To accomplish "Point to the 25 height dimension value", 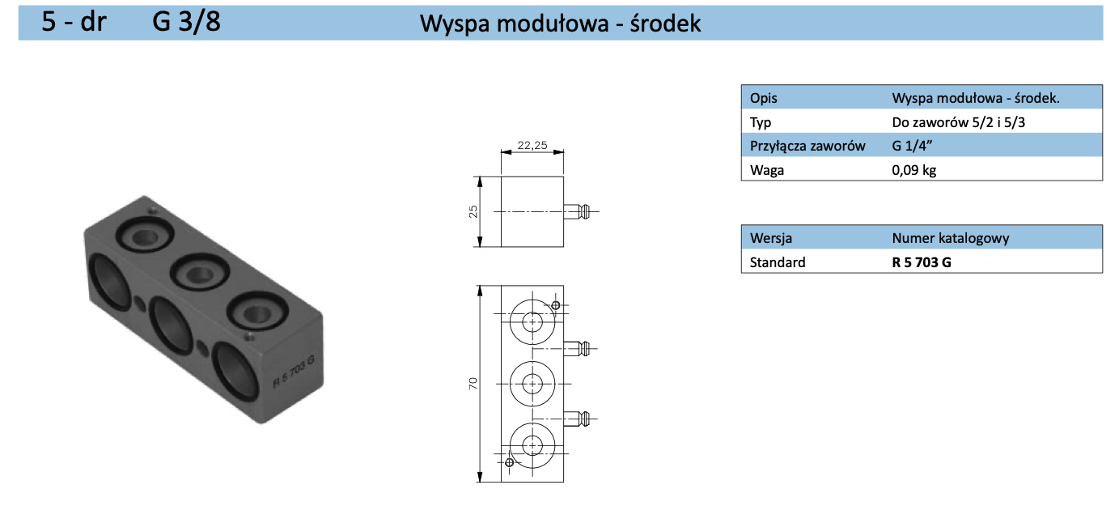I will point(473,210).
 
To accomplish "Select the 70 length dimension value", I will point(473,382).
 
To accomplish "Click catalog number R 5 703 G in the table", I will point(921,262).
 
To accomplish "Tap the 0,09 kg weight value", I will point(913,170).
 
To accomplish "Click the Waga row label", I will point(766,170).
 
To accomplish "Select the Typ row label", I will point(761,122).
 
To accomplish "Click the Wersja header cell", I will point(771,238).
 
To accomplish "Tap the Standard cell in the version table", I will point(778,262).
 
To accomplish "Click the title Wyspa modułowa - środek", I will point(560,23).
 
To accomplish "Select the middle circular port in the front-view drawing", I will point(532,382).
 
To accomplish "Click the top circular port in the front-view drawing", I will point(532,321).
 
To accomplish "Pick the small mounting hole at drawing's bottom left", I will point(509,462).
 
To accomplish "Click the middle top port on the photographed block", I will point(197,274).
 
